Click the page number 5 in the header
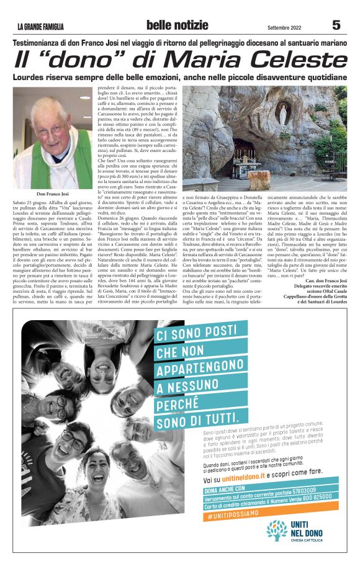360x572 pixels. [336, 25]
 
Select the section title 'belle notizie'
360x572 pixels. [178, 25]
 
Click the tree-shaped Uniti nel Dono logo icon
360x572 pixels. [277, 530]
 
